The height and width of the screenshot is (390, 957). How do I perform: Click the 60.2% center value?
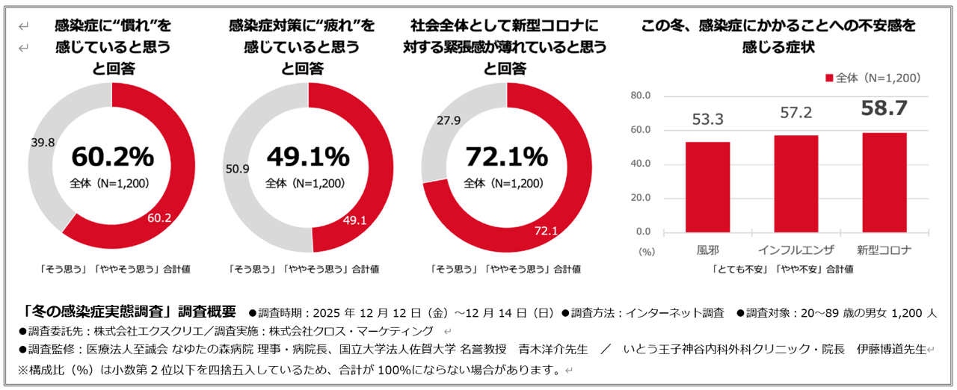pyautogui.click(x=112, y=158)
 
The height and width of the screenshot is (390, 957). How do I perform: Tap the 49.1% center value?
pyautogui.click(x=308, y=158)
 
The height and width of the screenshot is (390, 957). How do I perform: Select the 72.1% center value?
pyautogui.click(x=506, y=158)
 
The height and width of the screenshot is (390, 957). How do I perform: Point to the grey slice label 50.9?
pyautogui.click(x=237, y=169)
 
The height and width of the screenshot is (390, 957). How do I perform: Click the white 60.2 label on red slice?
pyautogui.click(x=160, y=218)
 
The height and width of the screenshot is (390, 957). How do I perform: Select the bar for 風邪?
pyautogui.click(x=707, y=187)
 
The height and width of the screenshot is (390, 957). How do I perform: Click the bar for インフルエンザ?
pyautogui.click(x=796, y=184)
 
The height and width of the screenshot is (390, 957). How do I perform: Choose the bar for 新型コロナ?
pyautogui.click(x=884, y=182)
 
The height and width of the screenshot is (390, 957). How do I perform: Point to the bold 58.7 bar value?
pyautogui.click(x=884, y=109)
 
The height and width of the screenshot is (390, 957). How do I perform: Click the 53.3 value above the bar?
pyautogui.click(x=707, y=120)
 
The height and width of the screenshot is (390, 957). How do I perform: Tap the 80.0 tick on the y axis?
pyautogui.click(x=641, y=96)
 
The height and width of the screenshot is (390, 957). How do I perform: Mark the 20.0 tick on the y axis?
pyautogui.click(x=641, y=198)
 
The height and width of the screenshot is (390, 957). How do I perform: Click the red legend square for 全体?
pyautogui.click(x=829, y=78)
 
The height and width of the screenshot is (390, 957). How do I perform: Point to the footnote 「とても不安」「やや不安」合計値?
pyautogui.click(x=783, y=269)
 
